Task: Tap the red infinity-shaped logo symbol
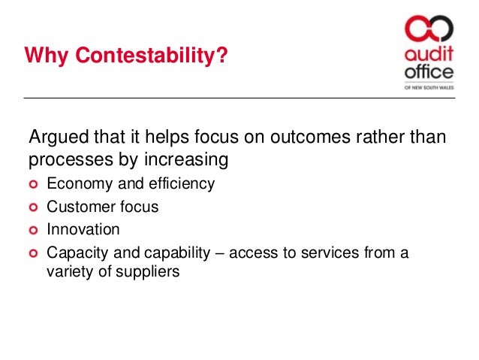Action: click(429, 31)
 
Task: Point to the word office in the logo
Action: click(428, 73)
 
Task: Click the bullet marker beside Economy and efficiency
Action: click(33, 185)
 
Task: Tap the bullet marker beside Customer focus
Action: click(33, 207)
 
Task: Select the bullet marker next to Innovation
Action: click(33, 228)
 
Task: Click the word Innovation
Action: click(83, 228)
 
